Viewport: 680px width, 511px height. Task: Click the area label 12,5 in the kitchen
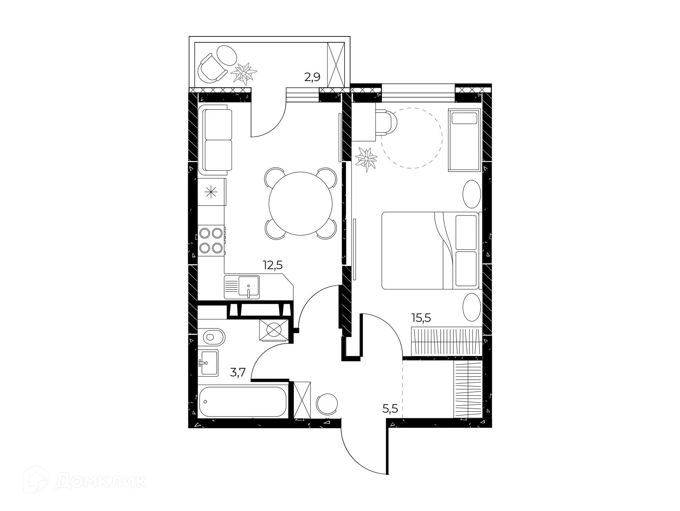(x=272, y=265)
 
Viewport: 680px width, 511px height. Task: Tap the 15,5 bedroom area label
(x=421, y=318)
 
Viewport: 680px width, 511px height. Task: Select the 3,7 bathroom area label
(x=238, y=373)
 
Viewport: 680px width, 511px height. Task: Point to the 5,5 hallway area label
(x=390, y=409)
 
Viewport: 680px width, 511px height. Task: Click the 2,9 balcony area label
(x=312, y=77)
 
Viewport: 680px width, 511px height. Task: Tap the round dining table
(x=300, y=203)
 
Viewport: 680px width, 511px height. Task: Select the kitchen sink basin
(x=249, y=286)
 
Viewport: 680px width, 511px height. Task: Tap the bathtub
(x=243, y=402)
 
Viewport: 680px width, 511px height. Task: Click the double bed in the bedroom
(x=430, y=250)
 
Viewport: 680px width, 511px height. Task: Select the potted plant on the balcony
(x=244, y=73)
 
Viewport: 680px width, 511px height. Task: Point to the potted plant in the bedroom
(x=366, y=159)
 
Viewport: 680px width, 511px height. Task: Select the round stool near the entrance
(x=327, y=404)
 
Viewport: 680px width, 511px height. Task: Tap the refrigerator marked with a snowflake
(x=211, y=192)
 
